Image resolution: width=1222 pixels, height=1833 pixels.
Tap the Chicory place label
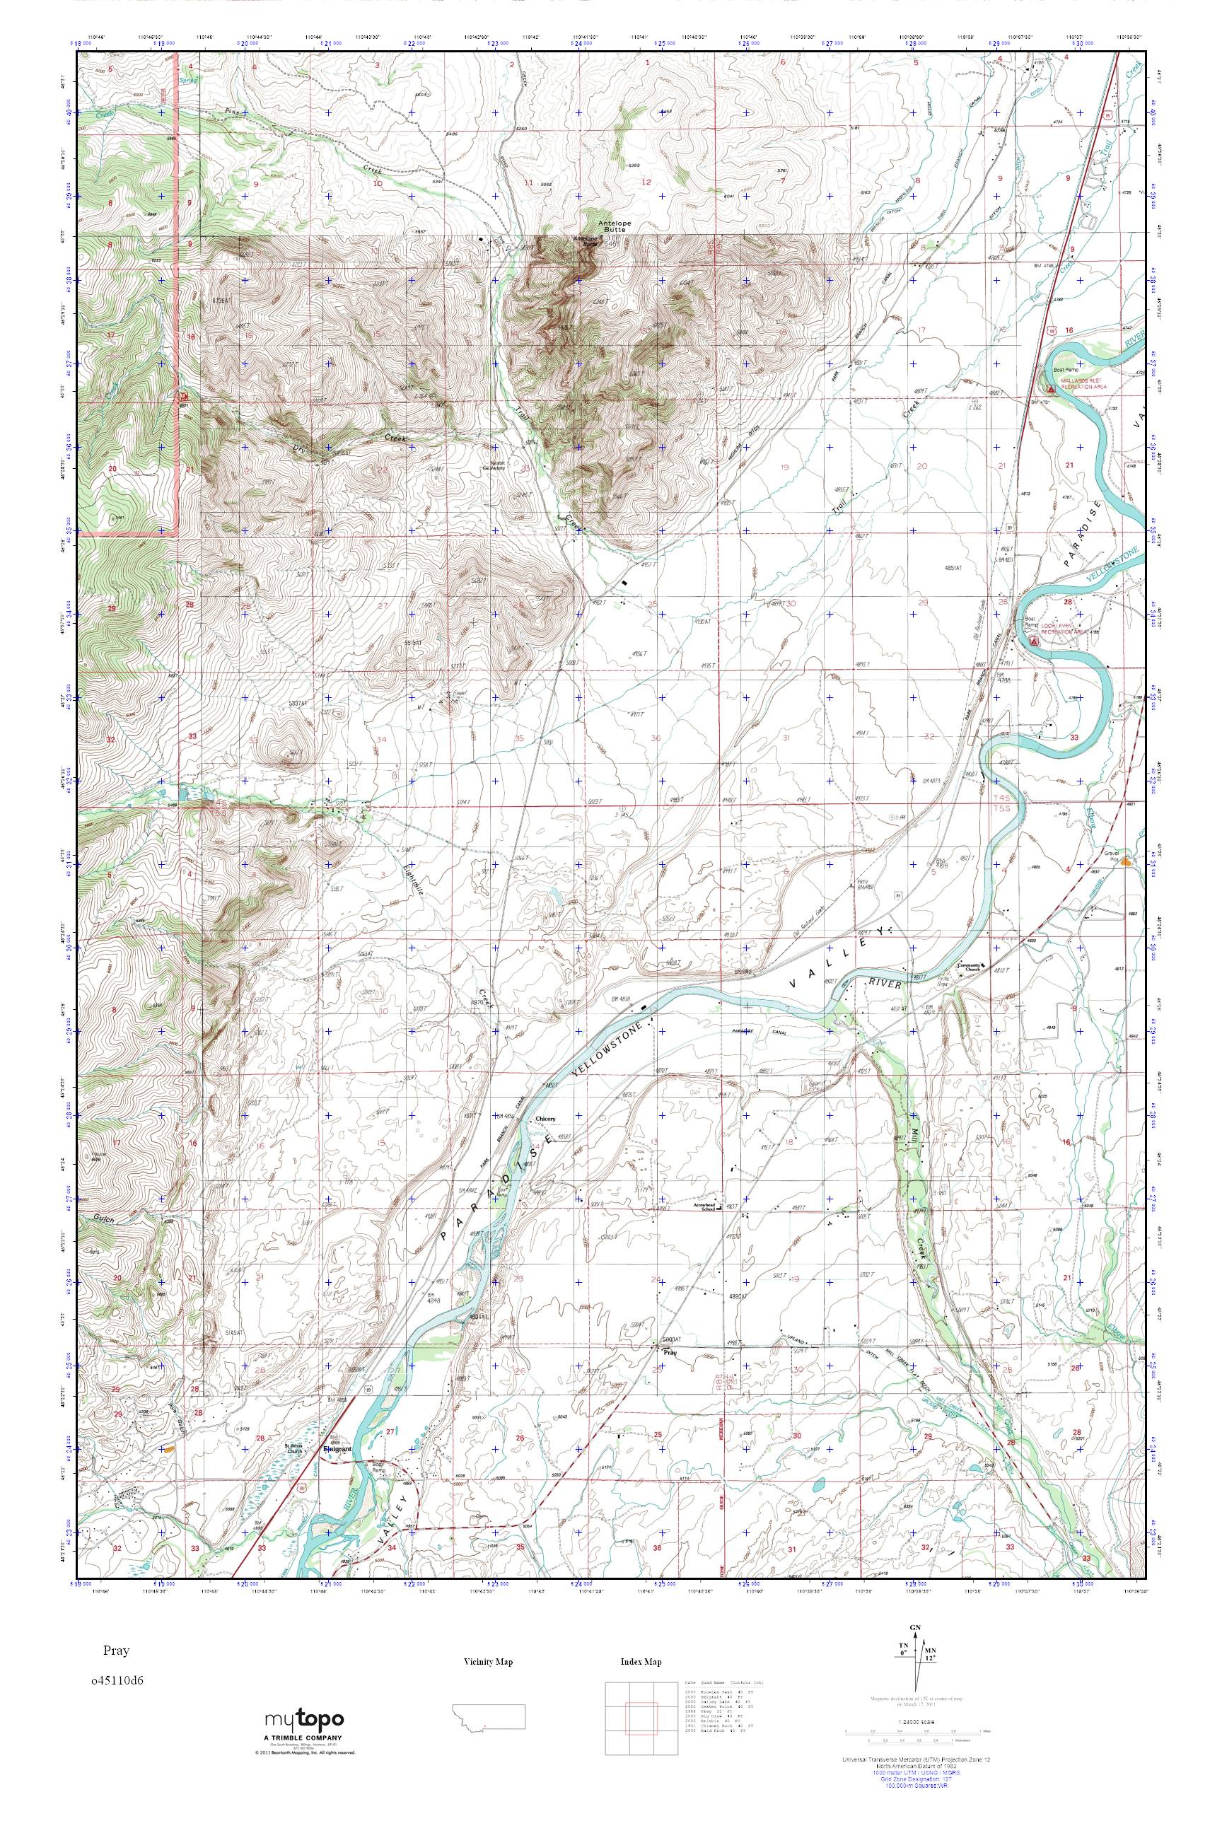(545, 1118)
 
